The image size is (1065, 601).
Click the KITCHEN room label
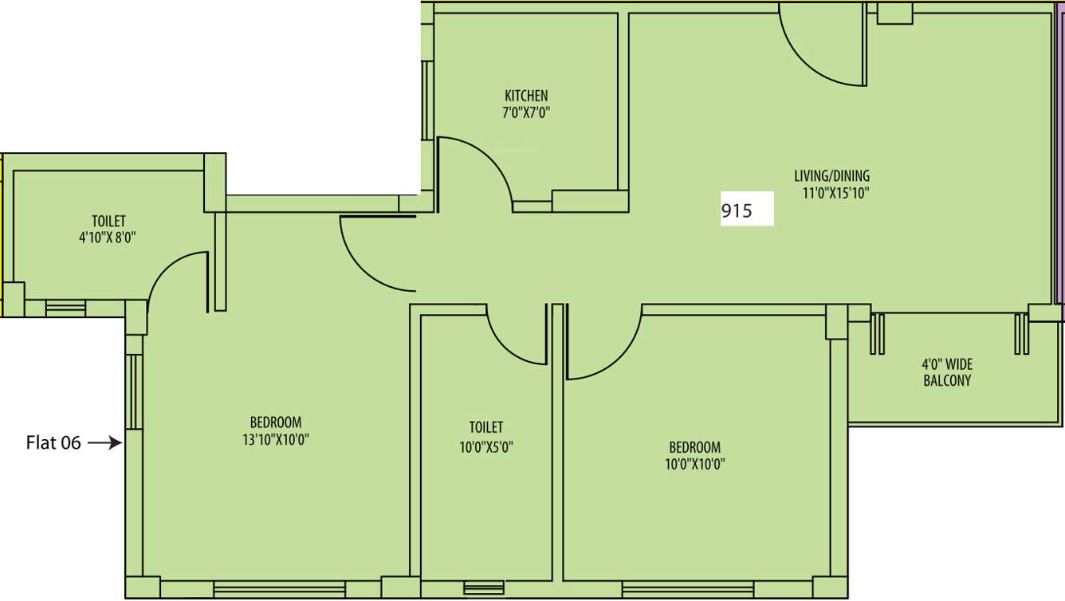[x=526, y=96]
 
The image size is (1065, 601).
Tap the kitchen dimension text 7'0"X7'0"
[x=526, y=113]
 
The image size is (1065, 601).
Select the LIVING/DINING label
[x=831, y=175]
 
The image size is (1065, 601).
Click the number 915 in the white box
[x=737, y=212]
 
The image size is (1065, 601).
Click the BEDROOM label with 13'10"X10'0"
[x=276, y=422]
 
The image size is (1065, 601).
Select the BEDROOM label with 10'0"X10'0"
[x=694, y=447]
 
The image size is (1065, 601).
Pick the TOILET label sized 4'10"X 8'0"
[x=108, y=221]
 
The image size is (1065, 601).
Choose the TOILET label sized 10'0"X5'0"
[x=485, y=427]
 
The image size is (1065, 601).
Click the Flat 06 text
[x=53, y=443]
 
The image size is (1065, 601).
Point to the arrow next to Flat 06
[x=104, y=442]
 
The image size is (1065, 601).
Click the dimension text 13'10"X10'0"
[x=276, y=439]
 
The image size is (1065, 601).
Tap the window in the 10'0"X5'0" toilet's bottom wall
[x=484, y=589]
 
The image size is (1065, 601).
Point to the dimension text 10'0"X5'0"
[x=485, y=447]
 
